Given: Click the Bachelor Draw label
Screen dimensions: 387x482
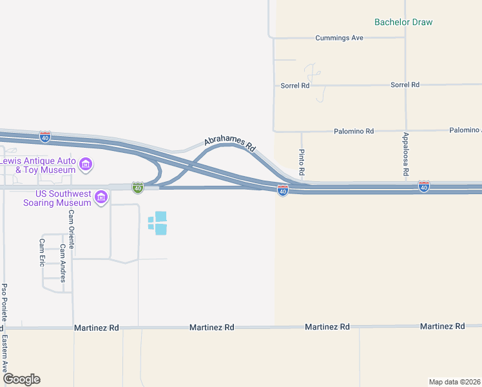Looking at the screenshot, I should (403, 22).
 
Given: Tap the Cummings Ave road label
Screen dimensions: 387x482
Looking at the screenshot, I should (339, 38).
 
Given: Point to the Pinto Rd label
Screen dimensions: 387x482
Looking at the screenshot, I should (302, 164).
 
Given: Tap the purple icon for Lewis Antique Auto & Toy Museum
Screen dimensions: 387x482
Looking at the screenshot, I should (86, 166).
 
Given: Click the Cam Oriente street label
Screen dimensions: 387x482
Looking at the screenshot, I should (72, 229).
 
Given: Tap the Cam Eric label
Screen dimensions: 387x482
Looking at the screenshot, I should (42, 252).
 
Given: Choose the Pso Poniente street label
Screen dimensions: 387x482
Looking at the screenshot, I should (5, 303).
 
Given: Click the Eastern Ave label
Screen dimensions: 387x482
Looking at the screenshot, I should (5, 353).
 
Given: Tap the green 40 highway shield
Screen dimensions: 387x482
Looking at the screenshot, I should (137, 187).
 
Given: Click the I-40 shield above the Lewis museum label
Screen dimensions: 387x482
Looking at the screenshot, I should (44, 137).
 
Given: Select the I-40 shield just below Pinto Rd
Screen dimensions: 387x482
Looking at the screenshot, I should (282, 191).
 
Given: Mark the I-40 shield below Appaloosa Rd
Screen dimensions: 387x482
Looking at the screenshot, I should (423, 186).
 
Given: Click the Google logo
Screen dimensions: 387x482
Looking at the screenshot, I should (21, 379).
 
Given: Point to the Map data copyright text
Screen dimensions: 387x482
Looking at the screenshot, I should (454, 382).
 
